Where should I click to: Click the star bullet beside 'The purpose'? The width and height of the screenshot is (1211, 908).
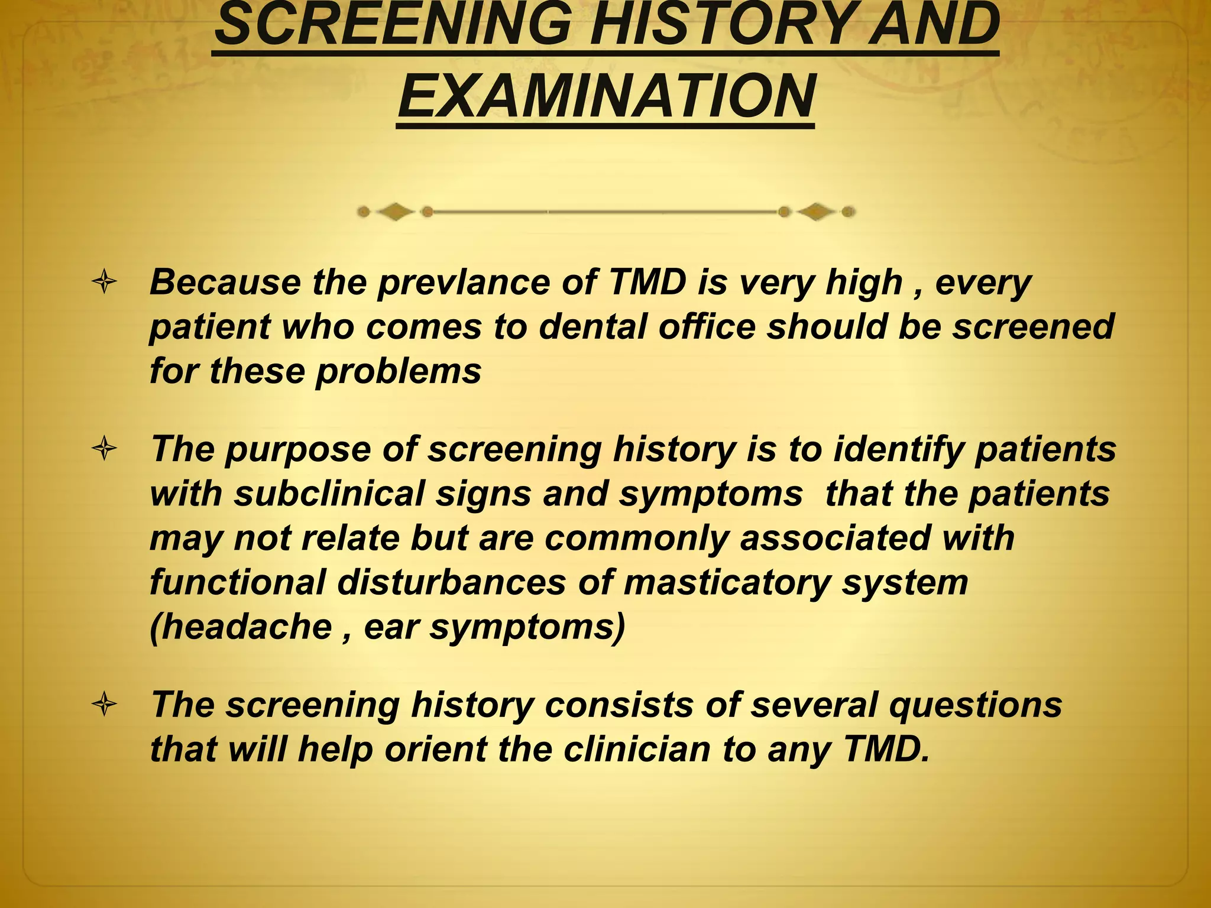point(105,449)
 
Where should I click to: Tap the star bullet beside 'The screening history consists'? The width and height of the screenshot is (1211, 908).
point(105,705)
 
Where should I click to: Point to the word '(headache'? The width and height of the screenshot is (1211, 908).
point(241,627)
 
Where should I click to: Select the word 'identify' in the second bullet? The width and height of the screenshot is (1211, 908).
point(899,449)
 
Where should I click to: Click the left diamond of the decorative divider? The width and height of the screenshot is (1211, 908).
point(395,212)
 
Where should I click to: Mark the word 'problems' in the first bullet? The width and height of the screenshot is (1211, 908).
point(399,372)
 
